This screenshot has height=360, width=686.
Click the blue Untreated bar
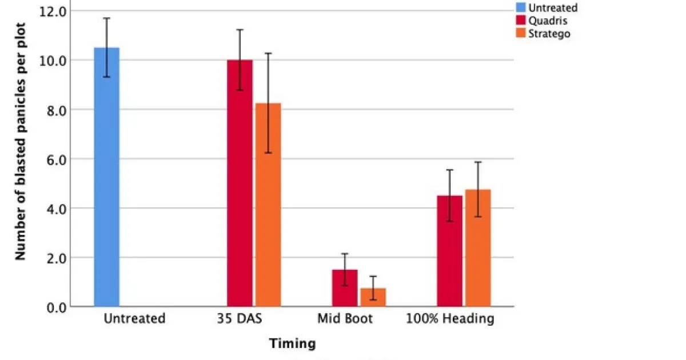pyautogui.click(x=106, y=177)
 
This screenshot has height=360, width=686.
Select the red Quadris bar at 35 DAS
pyautogui.click(x=240, y=183)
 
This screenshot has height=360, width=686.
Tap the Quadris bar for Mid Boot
pyautogui.click(x=345, y=288)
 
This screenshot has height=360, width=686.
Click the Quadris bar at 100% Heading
pyautogui.click(x=449, y=251)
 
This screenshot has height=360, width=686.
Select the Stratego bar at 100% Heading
pyautogui.click(x=478, y=248)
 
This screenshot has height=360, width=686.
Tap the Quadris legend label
pyautogui.click(x=548, y=21)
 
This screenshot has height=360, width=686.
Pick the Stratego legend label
pyautogui.click(x=549, y=34)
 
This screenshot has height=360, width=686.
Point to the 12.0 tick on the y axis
pyautogui.click(x=53, y=11)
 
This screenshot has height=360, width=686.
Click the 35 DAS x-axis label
pyautogui.click(x=240, y=319)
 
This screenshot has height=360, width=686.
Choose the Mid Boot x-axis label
pyautogui.click(x=345, y=319)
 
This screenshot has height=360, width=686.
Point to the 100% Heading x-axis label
pyautogui.click(x=450, y=319)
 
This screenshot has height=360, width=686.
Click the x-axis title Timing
pyautogui.click(x=292, y=344)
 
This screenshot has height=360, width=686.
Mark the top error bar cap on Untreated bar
pyautogui.click(x=106, y=18)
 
